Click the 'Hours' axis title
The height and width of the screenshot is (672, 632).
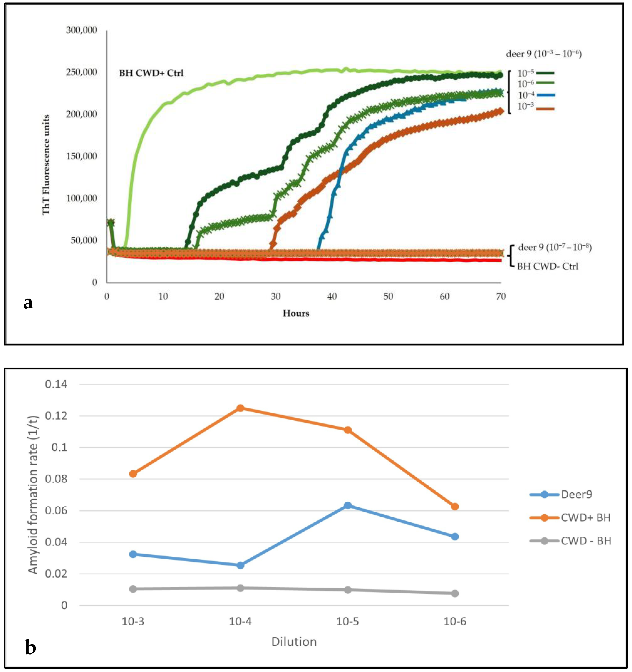click(x=296, y=313)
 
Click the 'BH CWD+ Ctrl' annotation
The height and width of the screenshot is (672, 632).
click(x=151, y=73)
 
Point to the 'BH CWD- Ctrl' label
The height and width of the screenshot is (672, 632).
click(x=548, y=266)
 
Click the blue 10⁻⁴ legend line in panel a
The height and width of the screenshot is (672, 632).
click(x=545, y=95)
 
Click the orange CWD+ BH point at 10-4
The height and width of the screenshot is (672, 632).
click(x=240, y=408)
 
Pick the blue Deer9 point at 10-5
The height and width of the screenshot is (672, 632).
click(x=348, y=505)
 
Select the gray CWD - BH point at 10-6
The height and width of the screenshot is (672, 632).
click(x=455, y=593)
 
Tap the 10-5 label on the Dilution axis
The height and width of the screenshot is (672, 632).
click(x=348, y=621)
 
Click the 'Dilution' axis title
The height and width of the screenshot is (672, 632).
click(x=294, y=642)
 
